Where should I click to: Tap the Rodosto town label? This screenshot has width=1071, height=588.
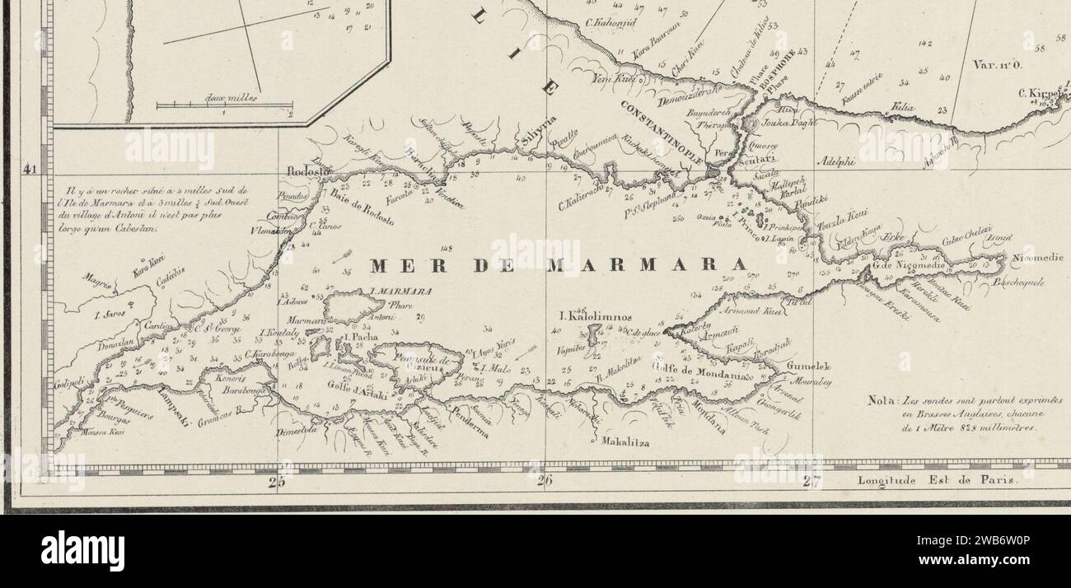(x=308, y=171)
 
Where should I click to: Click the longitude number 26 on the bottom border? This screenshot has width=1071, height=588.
(x=544, y=483)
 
